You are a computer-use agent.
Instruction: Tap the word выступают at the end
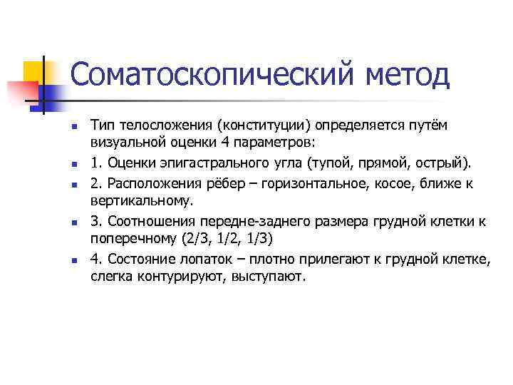click(x=269, y=277)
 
